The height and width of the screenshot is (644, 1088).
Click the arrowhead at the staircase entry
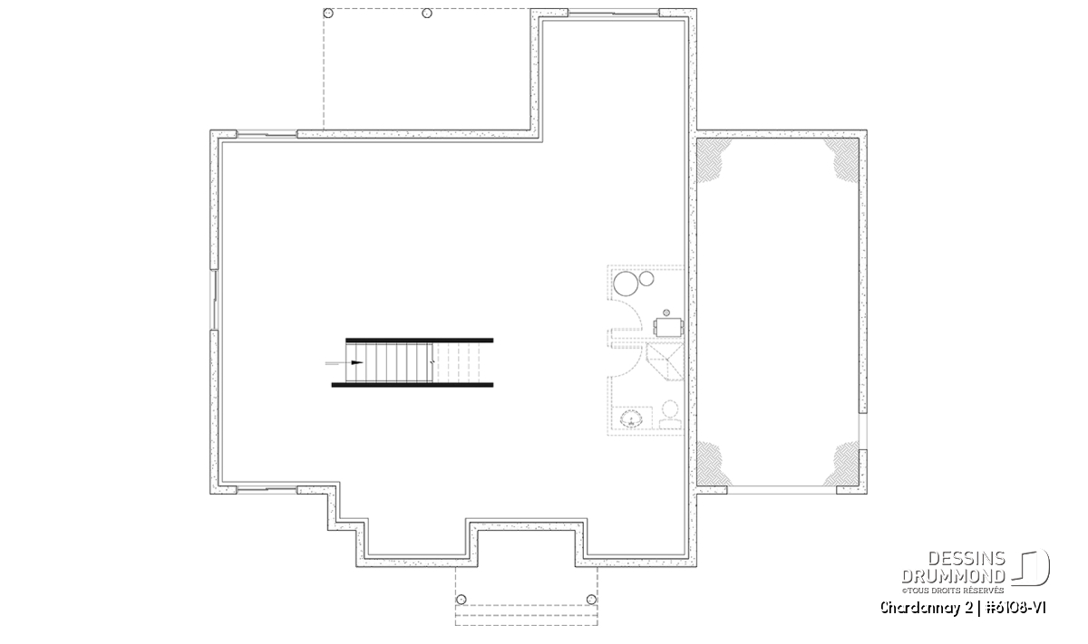(357, 362)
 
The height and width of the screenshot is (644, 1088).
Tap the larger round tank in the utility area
(626, 284)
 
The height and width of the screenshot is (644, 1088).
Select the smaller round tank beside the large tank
(646, 279)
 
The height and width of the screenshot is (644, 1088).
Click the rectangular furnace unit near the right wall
(669, 327)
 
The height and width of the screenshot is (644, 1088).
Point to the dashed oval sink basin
(631, 418)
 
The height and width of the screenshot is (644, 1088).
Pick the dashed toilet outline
(670, 415)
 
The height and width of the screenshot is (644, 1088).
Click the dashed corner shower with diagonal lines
(665, 362)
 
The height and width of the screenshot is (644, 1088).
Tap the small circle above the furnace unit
(666, 313)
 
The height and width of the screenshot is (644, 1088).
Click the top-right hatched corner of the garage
(844, 159)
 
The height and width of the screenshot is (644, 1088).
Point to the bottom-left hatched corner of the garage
(712, 464)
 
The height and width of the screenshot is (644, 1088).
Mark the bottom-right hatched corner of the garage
(844, 464)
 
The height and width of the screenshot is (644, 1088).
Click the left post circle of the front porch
(461, 600)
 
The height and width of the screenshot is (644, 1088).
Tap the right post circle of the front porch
(591, 600)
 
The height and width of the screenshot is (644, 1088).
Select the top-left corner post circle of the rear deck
(328, 13)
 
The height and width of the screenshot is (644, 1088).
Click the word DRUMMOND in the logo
(954, 576)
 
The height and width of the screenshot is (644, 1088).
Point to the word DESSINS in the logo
(967, 559)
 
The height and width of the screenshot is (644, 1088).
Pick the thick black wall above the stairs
(420, 341)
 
